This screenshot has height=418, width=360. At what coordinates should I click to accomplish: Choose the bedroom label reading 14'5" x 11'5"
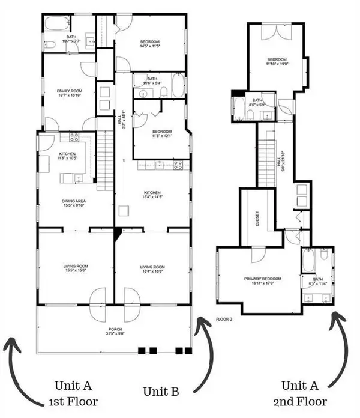(x=151, y=43)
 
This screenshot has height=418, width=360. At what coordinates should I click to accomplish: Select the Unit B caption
(x=160, y=392)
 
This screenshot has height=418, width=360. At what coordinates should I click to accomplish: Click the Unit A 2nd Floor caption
(x=309, y=392)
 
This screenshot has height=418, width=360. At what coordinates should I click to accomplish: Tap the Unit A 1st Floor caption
(x=74, y=392)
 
